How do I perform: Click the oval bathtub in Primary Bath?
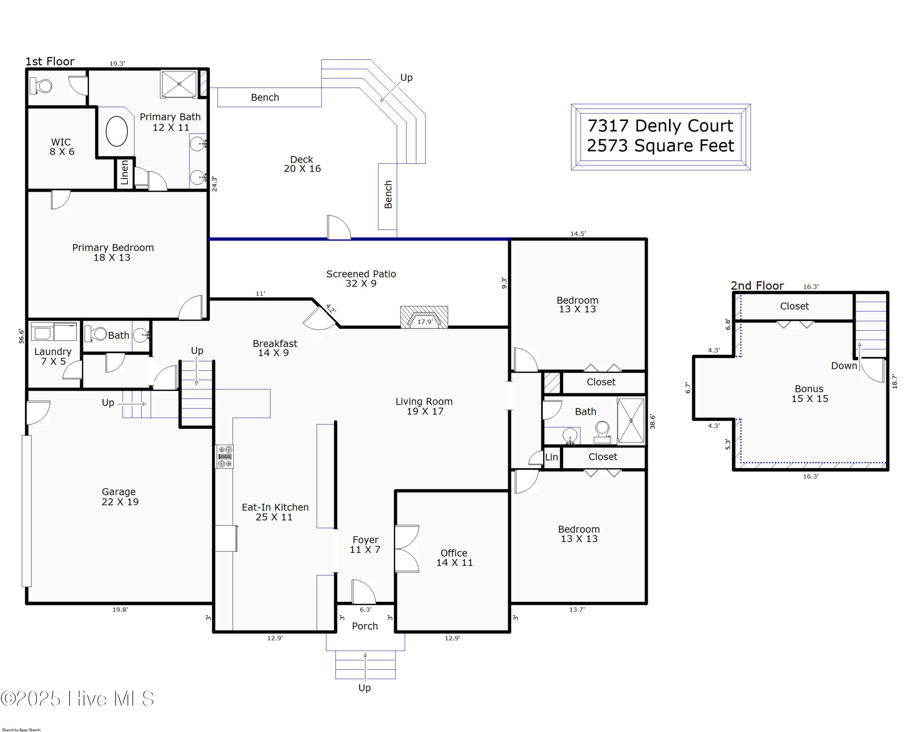[116, 132]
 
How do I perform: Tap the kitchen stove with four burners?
[225, 457]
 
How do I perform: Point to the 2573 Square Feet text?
[661, 146]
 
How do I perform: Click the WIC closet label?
[62, 147]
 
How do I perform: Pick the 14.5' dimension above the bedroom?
[578, 234]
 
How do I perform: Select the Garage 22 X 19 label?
[120, 497]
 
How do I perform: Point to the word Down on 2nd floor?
[844, 366]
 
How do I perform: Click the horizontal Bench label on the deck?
[265, 98]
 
